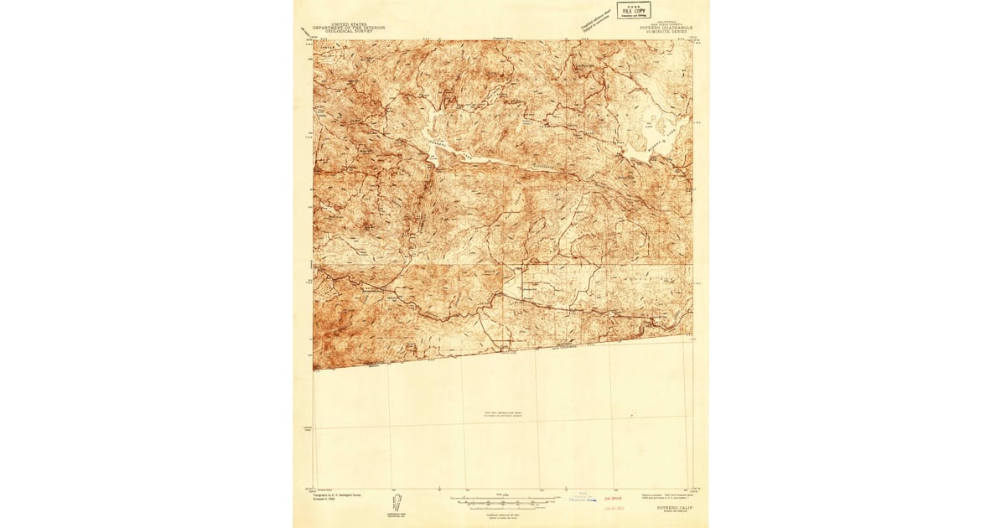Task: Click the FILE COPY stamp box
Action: click(x=633, y=10)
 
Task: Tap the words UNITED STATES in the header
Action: click(x=349, y=25)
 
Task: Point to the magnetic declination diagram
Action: click(x=396, y=505)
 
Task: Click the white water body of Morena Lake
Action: click(x=646, y=142)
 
